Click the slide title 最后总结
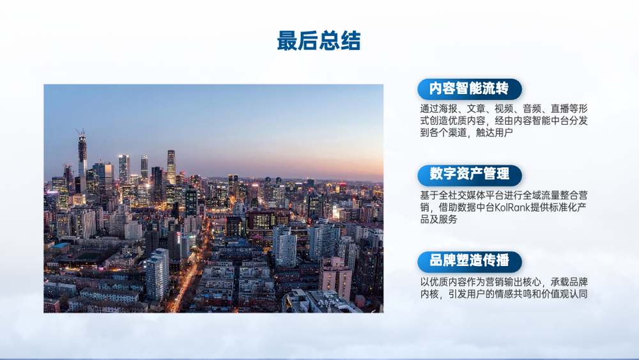click(x=319, y=41)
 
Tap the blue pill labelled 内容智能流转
click(x=470, y=90)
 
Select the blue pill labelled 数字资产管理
click(x=470, y=175)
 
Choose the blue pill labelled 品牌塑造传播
click(x=470, y=262)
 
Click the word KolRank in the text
click(x=512, y=207)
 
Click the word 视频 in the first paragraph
click(x=504, y=109)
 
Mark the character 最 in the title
click(x=288, y=41)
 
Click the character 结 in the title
click(x=350, y=41)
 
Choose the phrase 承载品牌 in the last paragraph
click(x=569, y=282)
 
